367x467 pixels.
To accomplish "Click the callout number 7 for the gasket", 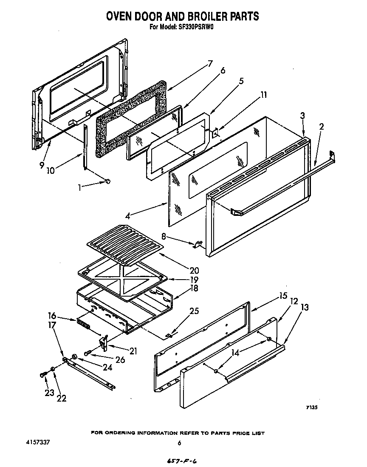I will coord(209,64).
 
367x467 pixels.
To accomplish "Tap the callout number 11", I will coord(264,95).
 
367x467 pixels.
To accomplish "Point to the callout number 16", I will coord(52,315).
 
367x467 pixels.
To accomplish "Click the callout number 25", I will coord(194,311).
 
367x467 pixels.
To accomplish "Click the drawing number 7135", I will coord(312,408).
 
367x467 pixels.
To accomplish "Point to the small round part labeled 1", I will coord(107,182).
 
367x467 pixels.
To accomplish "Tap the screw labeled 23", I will coord(42,374).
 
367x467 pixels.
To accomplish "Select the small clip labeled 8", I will coord(198,245).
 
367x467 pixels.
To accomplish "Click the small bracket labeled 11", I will coord(215,133).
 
